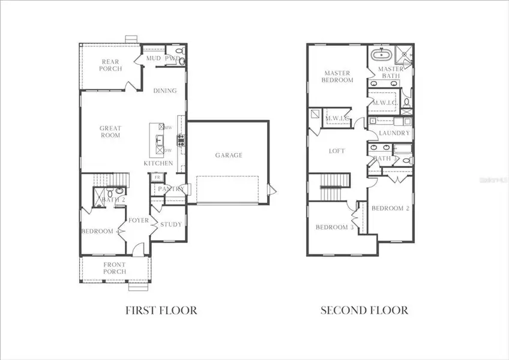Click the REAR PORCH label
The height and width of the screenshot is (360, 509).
tap(111, 65)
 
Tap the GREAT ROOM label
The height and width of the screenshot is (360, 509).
tap(110, 131)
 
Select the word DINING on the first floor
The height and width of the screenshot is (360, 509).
tap(164, 91)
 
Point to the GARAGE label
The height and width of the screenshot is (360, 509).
tap(229, 155)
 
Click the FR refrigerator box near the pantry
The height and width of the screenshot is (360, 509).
tap(157, 178)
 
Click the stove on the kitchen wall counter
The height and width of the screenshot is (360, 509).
tap(180, 142)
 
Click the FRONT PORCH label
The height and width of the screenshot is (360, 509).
tap(114, 268)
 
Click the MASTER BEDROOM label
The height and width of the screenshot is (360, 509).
tap(338, 76)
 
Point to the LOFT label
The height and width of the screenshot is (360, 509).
tap(337, 151)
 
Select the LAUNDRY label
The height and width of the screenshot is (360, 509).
tap(394, 133)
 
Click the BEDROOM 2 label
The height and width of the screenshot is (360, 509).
tap(390, 208)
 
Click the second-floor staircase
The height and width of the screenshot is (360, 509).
tap(332, 186)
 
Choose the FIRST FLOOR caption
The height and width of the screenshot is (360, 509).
tap(161, 310)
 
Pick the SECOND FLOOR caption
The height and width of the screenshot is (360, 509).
tap(364, 310)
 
